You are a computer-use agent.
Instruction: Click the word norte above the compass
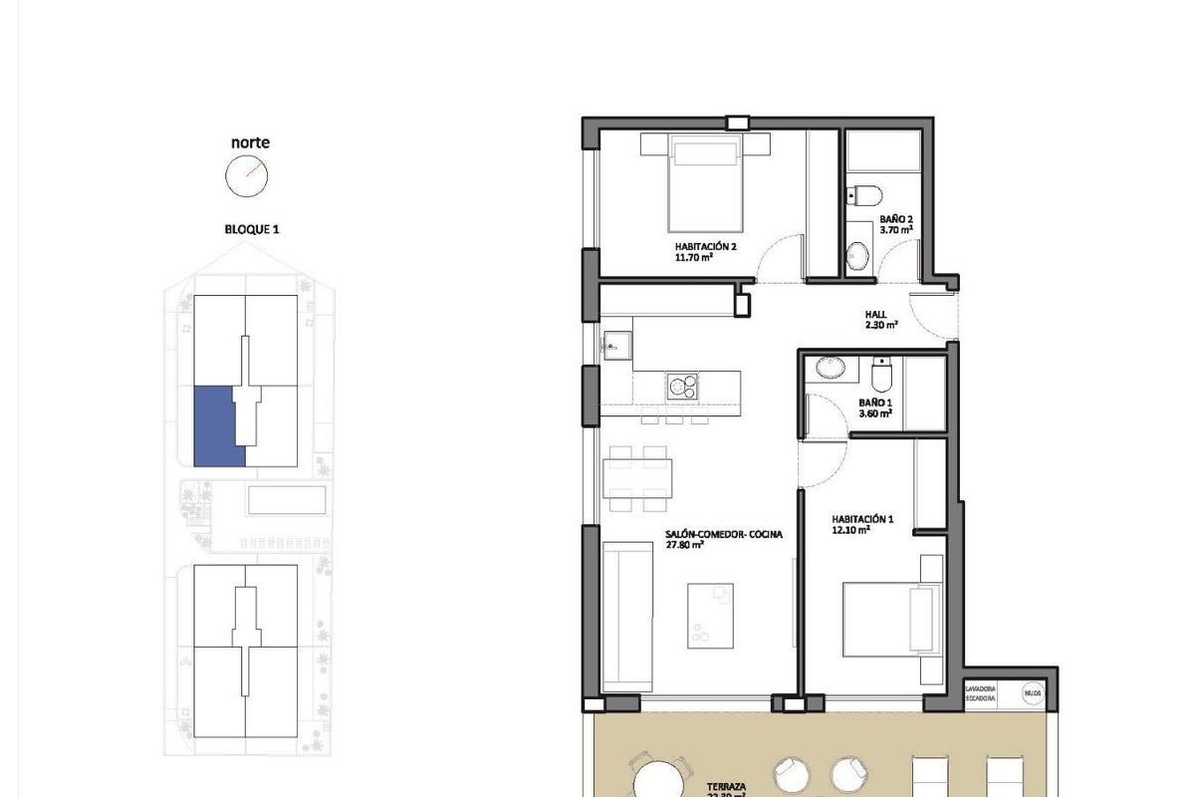(250, 142)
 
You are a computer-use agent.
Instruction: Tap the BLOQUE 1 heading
(251, 228)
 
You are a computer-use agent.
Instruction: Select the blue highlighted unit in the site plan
(217, 426)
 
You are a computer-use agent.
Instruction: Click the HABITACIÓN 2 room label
(705, 251)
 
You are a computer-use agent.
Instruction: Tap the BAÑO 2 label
(895, 223)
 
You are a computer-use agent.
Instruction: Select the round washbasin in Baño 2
(857, 257)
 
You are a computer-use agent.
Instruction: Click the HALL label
(881, 319)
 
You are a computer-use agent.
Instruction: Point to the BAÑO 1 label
(875, 407)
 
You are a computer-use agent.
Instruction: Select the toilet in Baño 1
(880, 375)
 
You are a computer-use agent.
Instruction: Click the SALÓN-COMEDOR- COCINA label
(724, 539)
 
